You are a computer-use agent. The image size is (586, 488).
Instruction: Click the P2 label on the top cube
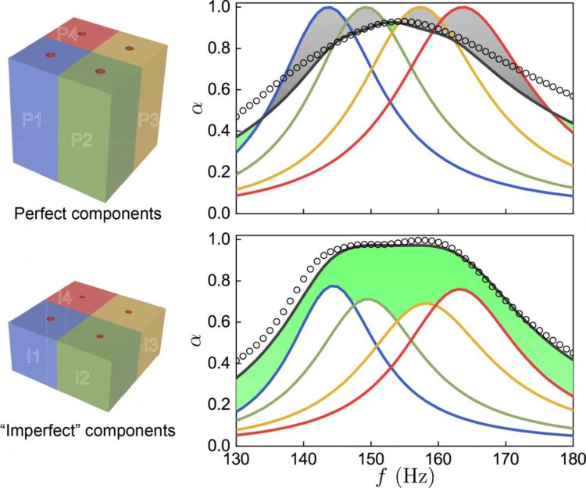[83, 140]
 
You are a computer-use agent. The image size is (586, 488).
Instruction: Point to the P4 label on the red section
[66, 35]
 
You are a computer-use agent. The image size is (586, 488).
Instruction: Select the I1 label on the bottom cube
[33, 357]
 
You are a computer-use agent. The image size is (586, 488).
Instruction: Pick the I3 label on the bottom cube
[149, 342]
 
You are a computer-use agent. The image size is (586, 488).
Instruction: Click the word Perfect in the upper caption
[45, 213]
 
